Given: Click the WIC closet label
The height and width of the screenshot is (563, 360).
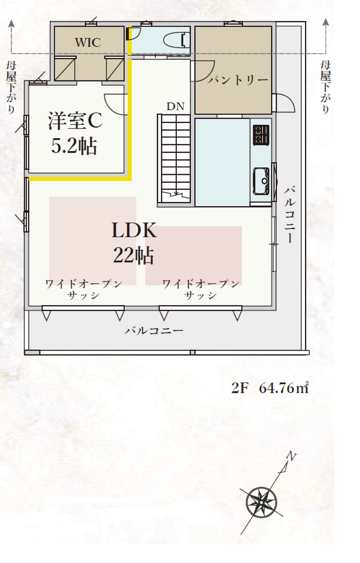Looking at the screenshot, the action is click(88, 43).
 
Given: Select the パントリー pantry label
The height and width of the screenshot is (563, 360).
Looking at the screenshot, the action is click(237, 80).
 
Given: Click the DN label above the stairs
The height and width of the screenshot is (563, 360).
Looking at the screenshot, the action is click(176, 106).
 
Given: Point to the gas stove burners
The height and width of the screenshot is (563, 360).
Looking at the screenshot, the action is click(261, 135).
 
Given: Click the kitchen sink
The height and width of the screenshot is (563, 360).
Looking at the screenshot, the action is click(261, 181).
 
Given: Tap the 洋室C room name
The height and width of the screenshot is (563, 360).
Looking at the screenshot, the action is click(75, 121).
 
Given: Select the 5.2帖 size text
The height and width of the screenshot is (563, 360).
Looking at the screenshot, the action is click(74, 146).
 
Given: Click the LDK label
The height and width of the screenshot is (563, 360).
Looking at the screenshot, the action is click(134, 230).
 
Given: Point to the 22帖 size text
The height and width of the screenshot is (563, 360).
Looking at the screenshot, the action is click(133, 255).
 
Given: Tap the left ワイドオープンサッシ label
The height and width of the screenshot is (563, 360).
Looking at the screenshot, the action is click(84, 289).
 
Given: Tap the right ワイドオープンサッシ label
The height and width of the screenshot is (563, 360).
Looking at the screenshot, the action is click(201, 289).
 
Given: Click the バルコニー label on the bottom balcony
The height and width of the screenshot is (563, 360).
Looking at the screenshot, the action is click(154, 330).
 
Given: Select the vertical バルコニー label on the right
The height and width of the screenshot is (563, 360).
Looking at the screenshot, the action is click(290, 214).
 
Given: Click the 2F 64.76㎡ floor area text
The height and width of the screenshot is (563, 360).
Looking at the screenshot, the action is click(270, 388).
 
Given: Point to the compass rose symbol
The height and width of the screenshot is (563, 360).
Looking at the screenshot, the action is click(261, 502).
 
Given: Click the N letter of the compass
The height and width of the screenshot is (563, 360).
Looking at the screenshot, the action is click(291, 456).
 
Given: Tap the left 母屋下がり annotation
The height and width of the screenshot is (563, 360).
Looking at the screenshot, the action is click(11, 88).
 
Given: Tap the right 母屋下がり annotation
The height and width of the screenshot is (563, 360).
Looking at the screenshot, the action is click(325, 88).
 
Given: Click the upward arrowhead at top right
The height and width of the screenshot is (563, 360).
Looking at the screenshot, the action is click(326, 22).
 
